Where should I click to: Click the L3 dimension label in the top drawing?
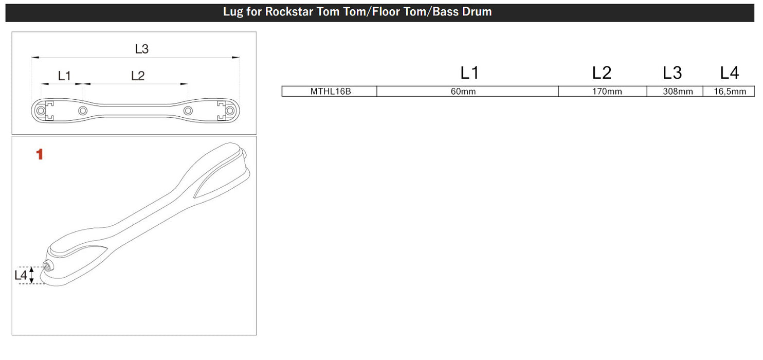click(x=141, y=49)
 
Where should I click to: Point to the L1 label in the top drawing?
click(x=64, y=76)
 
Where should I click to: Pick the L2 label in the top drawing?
click(x=138, y=76)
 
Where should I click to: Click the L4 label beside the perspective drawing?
click(x=21, y=275)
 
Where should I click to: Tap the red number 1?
click(x=40, y=154)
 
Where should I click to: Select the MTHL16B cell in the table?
click(x=330, y=92)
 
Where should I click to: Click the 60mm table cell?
click(x=468, y=92)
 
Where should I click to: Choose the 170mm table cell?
click(x=603, y=92)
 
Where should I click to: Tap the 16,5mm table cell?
click(x=729, y=92)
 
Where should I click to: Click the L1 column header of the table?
click(x=469, y=73)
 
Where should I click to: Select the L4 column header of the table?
click(x=729, y=73)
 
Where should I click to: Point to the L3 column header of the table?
click(x=672, y=73)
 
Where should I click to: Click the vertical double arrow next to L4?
click(x=32, y=275)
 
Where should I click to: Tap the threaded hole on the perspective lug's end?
click(x=48, y=265)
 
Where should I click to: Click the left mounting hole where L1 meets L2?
click(x=82, y=111)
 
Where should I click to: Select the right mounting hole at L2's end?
click(x=188, y=111)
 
